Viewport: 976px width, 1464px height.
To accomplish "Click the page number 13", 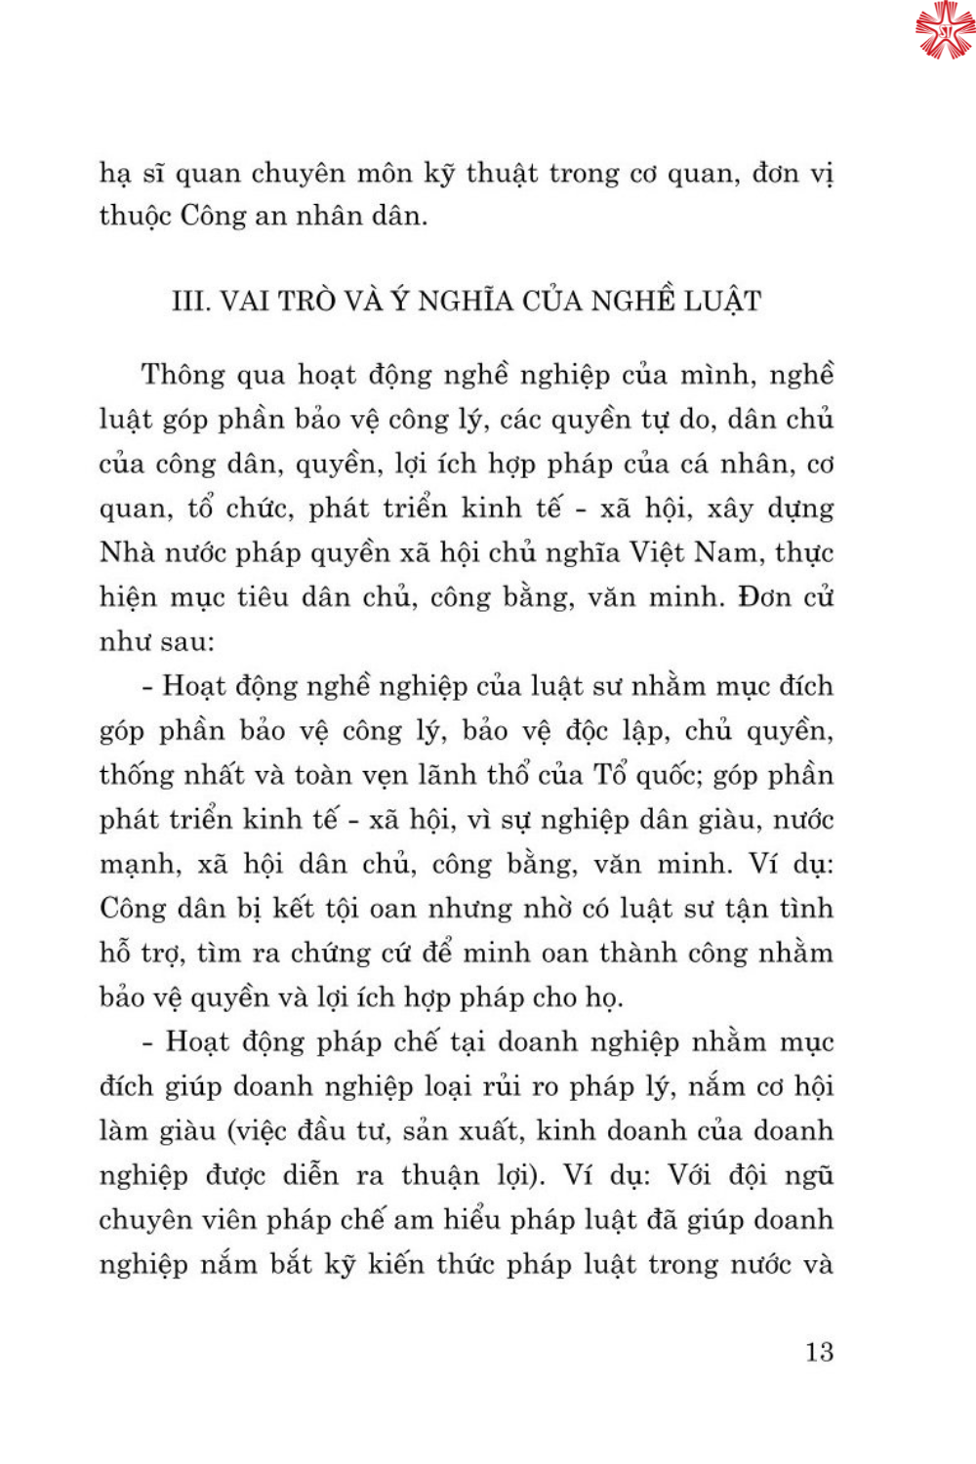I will coord(819,1352).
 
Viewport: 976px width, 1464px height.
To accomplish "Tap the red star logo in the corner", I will coord(944,30).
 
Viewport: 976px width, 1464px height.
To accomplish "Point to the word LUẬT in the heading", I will coord(722,301).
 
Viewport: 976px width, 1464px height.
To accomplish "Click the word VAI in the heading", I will coord(245,301).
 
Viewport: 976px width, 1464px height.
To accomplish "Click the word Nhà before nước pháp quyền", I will coord(127,552).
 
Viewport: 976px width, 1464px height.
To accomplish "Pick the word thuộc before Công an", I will coord(135,216).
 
